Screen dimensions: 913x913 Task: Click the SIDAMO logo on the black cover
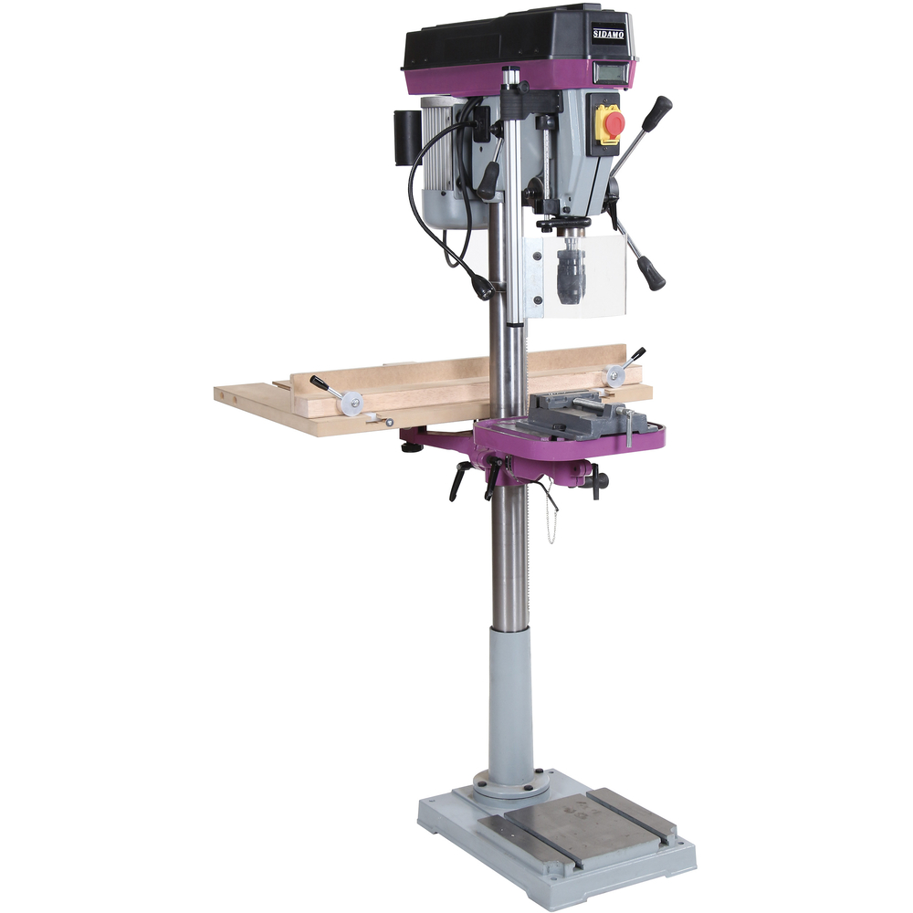coord(608,34)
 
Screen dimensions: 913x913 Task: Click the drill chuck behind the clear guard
coord(568,274)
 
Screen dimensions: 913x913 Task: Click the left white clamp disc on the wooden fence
coord(352,403)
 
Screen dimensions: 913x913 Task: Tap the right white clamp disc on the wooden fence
coord(614,376)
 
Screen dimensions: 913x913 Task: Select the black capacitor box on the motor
coord(406,138)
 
